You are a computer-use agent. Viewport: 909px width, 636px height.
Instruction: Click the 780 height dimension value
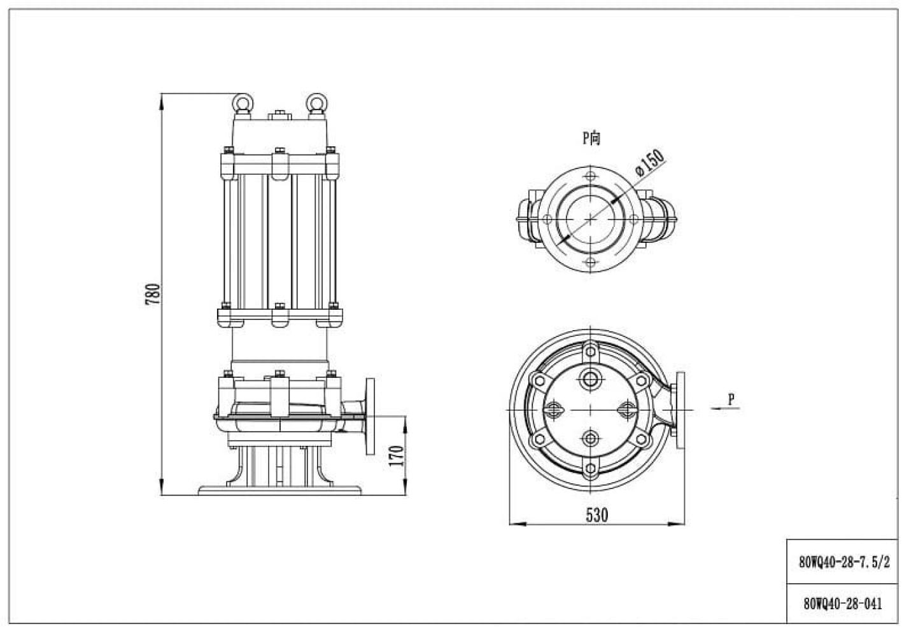(153, 294)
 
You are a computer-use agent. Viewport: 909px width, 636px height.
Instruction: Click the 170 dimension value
(397, 455)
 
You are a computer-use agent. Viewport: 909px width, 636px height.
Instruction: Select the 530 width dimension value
(597, 515)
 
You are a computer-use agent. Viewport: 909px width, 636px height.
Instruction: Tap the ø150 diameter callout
(650, 163)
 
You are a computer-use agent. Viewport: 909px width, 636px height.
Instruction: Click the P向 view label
(591, 138)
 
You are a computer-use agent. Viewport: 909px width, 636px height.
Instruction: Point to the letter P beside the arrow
(731, 399)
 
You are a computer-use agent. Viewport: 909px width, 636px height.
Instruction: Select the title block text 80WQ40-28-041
(843, 604)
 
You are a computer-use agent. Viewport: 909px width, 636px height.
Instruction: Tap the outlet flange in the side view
(370, 417)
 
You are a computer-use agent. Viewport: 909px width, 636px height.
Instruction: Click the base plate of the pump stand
(279, 490)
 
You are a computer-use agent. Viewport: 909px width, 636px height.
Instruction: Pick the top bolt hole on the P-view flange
(591, 176)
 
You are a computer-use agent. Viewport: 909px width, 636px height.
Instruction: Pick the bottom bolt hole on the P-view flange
(591, 262)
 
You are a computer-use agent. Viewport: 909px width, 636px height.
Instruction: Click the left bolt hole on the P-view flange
(547, 219)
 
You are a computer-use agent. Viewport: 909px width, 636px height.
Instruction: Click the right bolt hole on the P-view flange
(633, 219)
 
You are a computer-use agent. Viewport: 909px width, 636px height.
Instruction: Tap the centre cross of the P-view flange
(591, 219)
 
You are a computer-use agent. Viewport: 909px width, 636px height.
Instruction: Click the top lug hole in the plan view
(591, 349)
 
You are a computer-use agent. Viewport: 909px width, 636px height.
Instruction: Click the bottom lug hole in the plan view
(591, 469)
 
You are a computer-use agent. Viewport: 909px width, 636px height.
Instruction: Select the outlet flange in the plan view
(680, 410)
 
